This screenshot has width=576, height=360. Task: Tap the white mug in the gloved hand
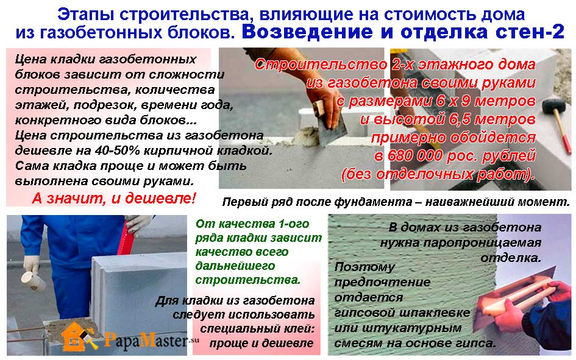point(33,281)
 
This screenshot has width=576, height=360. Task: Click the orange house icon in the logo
point(76,336)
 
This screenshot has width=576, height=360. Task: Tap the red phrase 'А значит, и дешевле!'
point(114,198)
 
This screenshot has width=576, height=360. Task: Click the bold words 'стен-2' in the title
point(530,32)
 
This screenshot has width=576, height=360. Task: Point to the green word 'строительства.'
point(247,280)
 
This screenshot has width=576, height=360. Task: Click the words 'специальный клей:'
point(257,329)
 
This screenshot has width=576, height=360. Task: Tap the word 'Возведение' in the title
point(307,32)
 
